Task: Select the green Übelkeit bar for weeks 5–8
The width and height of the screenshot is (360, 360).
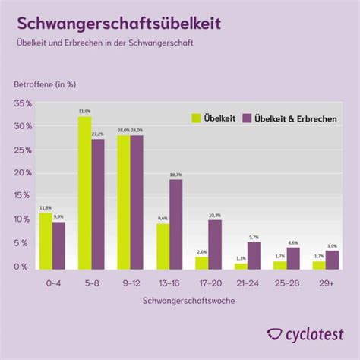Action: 84,193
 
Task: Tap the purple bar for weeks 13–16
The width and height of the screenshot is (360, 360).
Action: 175,224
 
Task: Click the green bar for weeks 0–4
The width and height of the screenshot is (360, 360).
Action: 46,241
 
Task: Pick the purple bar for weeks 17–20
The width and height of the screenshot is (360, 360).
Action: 216,245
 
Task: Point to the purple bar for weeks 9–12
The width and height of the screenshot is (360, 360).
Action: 136,202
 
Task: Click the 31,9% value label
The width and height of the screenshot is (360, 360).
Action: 84,111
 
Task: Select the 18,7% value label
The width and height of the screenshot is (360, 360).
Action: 175,175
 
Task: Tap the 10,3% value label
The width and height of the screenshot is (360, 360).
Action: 216,215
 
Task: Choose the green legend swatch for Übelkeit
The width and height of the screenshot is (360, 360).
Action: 195,118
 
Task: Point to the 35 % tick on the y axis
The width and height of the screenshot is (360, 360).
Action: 23,103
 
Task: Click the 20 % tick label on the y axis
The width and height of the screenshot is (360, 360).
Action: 23,172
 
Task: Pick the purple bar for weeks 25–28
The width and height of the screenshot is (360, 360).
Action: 293,258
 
